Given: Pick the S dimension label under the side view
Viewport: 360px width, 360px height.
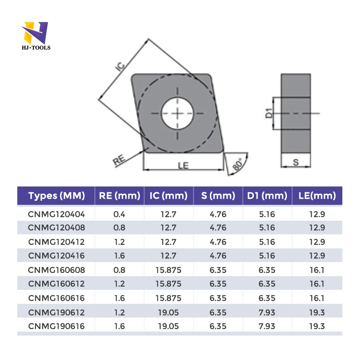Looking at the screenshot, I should (x=296, y=162).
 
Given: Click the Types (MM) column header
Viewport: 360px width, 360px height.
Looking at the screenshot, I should (x=57, y=196).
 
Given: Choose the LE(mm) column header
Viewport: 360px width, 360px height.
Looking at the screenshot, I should (x=317, y=196).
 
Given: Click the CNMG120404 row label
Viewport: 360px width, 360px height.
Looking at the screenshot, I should (x=57, y=214).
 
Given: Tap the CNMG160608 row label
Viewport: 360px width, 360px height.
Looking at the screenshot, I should (x=57, y=270).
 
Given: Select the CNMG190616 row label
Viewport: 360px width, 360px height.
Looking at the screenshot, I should (x=57, y=326).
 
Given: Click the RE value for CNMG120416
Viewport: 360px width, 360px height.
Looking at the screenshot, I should (x=119, y=256).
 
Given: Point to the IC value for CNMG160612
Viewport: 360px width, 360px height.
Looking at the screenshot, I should (x=168, y=284).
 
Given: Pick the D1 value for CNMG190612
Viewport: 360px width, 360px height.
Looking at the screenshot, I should (x=267, y=312).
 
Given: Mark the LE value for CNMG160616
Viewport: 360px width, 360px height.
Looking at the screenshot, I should (x=317, y=298).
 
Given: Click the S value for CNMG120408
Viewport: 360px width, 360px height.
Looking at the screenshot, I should (x=218, y=228).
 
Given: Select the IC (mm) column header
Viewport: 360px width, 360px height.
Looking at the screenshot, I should (x=168, y=196).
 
